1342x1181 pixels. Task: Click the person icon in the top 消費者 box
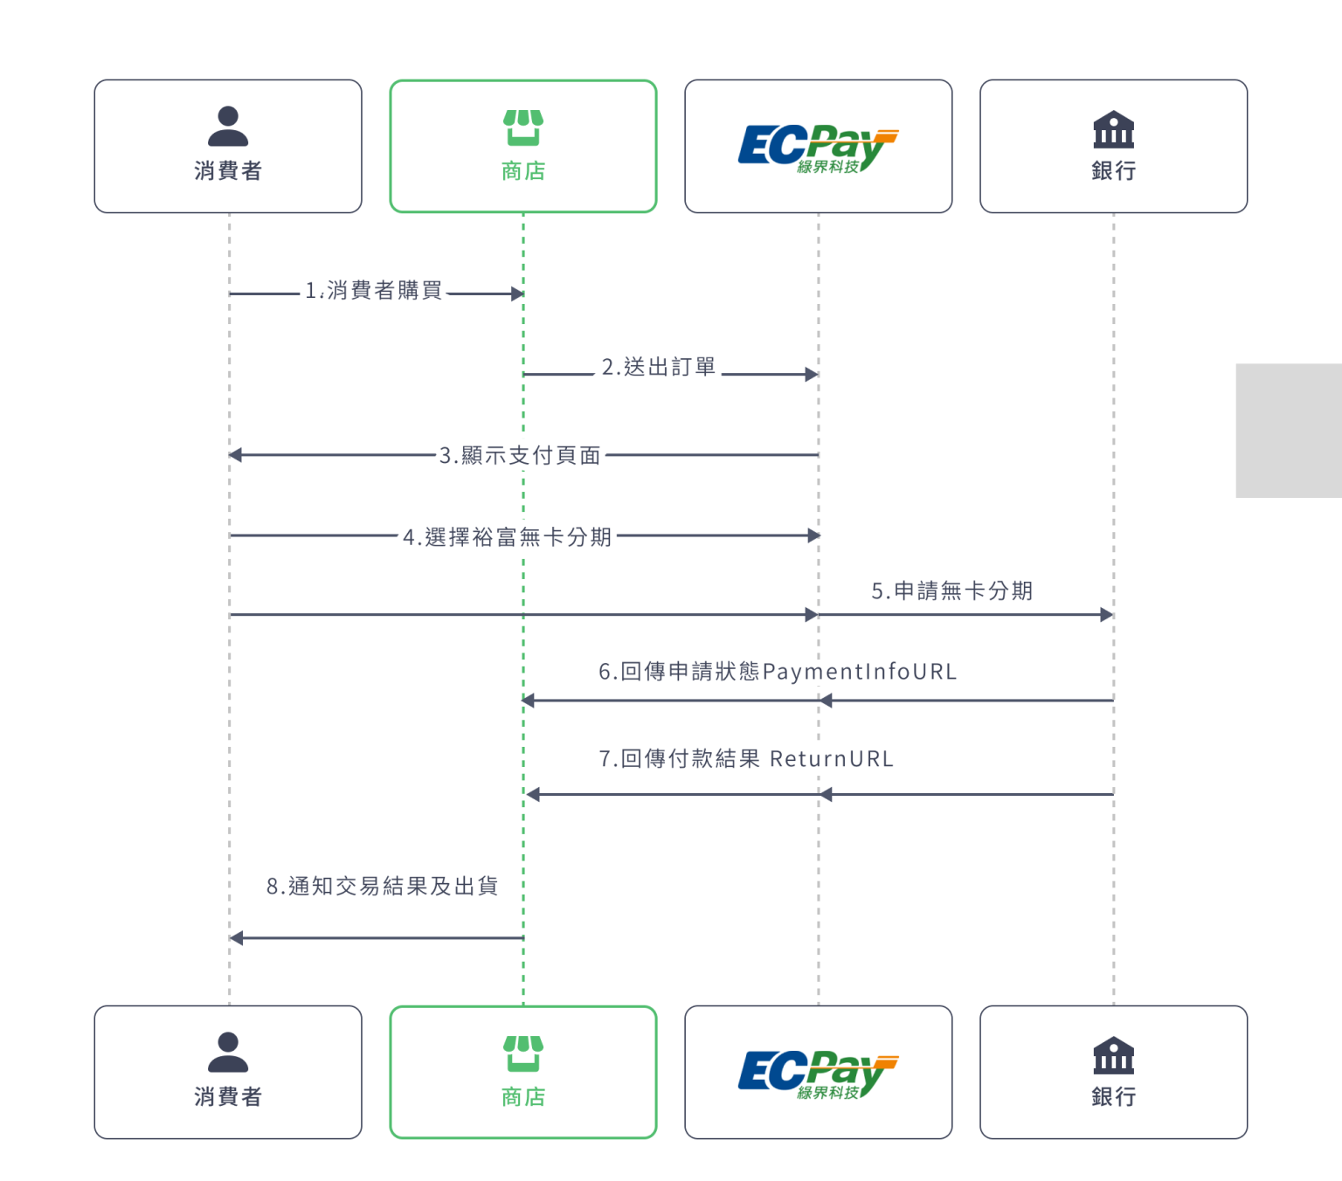[x=228, y=127]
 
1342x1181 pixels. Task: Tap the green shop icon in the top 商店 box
[x=523, y=128]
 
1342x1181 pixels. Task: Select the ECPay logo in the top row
[x=818, y=148]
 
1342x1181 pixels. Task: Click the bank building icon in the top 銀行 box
[x=1113, y=129]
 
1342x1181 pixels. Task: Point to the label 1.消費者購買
[x=373, y=291]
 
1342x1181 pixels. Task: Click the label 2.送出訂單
[x=659, y=368]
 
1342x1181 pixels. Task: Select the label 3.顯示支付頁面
[x=520, y=456]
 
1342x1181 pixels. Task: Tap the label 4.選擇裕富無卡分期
[x=507, y=537]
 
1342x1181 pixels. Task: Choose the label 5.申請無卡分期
[x=952, y=591]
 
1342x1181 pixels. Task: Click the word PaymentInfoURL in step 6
[x=860, y=672]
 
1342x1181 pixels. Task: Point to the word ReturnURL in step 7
[x=832, y=759]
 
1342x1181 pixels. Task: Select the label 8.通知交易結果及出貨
[x=382, y=887]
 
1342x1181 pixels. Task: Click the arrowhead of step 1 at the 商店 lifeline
[x=517, y=294]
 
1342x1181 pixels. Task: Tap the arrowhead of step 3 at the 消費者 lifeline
[x=235, y=455]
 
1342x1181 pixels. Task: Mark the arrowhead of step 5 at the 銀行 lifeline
[x=1106, y=615]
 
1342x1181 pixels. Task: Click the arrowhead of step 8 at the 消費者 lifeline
[x=236, y=938]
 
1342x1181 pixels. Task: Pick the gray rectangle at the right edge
[x=1289, y=431]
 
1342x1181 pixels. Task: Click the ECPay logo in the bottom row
[x=818, y=1074]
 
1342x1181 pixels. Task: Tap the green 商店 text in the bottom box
[x=523, y=1097]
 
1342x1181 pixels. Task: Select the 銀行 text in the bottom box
[x=1113, y=1097]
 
